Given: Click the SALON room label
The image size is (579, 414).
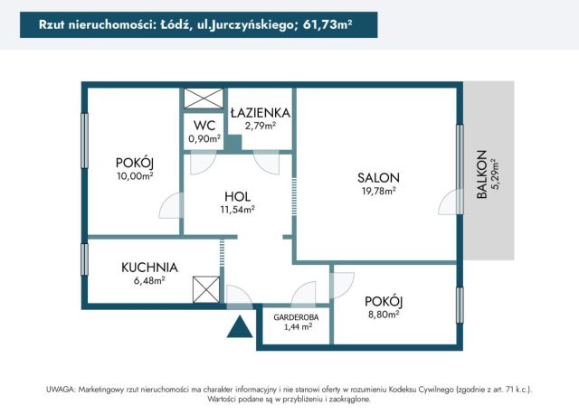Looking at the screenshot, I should pos(378,177).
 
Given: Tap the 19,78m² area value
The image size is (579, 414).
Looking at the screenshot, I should pos(378,191).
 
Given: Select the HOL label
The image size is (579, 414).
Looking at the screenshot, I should pos(237,196).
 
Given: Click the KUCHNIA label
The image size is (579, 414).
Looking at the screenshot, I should pos(149,268).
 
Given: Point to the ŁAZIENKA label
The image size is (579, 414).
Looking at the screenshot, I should pos(260,113).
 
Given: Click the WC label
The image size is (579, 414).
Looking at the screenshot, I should pos(203,127).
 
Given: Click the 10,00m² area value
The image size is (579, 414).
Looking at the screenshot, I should pos(134,175).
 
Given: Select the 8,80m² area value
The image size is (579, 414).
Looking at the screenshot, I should pos(384,315).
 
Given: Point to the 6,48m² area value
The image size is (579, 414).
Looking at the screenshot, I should pos(149,281).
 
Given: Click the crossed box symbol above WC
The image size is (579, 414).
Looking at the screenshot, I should pos(203,99).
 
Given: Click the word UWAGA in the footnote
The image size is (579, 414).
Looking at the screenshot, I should pos(61,389).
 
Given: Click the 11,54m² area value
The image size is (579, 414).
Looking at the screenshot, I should pos(237,209).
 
